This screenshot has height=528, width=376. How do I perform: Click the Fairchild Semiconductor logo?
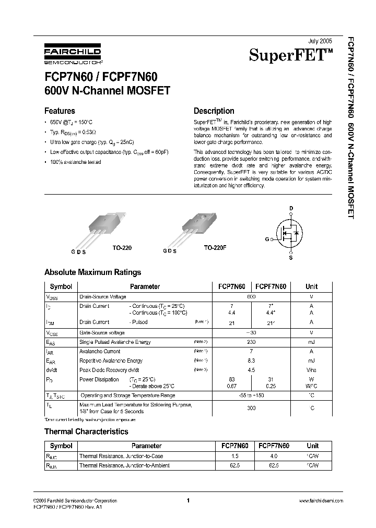pos(72,54)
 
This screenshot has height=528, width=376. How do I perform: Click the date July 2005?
pos(320,40)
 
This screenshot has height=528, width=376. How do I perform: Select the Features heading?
pos(60,111)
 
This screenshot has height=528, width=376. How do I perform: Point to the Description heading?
pos(214,111)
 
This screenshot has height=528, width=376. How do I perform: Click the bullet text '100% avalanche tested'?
pos(76,162)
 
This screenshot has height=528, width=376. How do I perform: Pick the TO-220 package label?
pos(122,248)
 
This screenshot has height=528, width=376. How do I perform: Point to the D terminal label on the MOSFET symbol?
pos(291,208)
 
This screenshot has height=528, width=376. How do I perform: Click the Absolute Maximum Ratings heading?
pos(92,272)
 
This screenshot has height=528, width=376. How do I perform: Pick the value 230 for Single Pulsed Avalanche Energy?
pos(251,342)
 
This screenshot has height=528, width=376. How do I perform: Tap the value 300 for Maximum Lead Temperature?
pos(251,408)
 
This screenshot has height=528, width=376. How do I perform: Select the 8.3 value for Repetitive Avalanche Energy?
pos(251,361)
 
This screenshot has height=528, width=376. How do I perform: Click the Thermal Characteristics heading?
pos(86,431)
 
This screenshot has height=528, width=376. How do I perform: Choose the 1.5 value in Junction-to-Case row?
pos(235,455)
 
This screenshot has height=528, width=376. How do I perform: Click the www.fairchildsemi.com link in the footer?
pos(321,500)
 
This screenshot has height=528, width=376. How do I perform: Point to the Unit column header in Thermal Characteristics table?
pos(312,446)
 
